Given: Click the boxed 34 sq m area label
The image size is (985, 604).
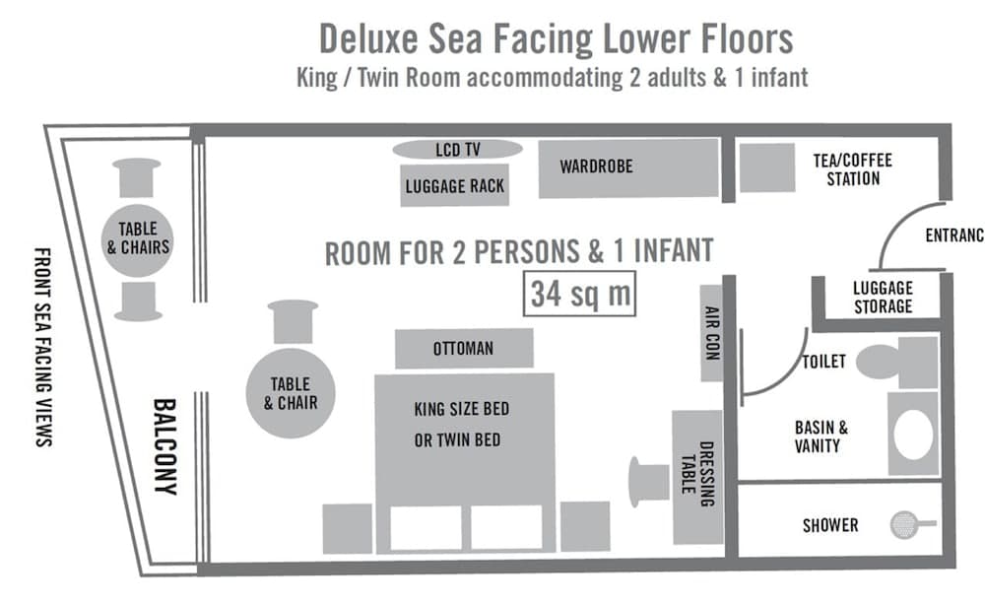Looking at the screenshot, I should (579, 293).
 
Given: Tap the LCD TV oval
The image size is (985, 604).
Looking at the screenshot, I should (457, 150).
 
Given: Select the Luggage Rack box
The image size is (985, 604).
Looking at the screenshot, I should (455, 185).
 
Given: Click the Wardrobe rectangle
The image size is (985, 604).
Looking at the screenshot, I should (627, 168).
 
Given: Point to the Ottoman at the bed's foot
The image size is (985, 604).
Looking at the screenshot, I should (464, 349).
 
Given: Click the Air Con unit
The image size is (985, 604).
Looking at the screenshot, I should (712, 333).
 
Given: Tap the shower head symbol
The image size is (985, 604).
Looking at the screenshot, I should (900, 525).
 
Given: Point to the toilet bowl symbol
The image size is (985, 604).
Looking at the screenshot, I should (878, 362).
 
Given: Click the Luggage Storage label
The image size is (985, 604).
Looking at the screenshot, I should (882, 297).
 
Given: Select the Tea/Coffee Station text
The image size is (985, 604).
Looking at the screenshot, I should (853, 169).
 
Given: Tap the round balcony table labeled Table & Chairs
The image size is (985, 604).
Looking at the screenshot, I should (138, 237).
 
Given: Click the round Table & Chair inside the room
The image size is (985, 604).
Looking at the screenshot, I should (289, 392).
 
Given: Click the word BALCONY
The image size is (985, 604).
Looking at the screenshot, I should (164, 444).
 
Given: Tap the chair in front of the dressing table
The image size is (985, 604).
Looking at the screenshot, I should (648, 480).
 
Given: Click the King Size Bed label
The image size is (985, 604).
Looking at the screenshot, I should (462, 408).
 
